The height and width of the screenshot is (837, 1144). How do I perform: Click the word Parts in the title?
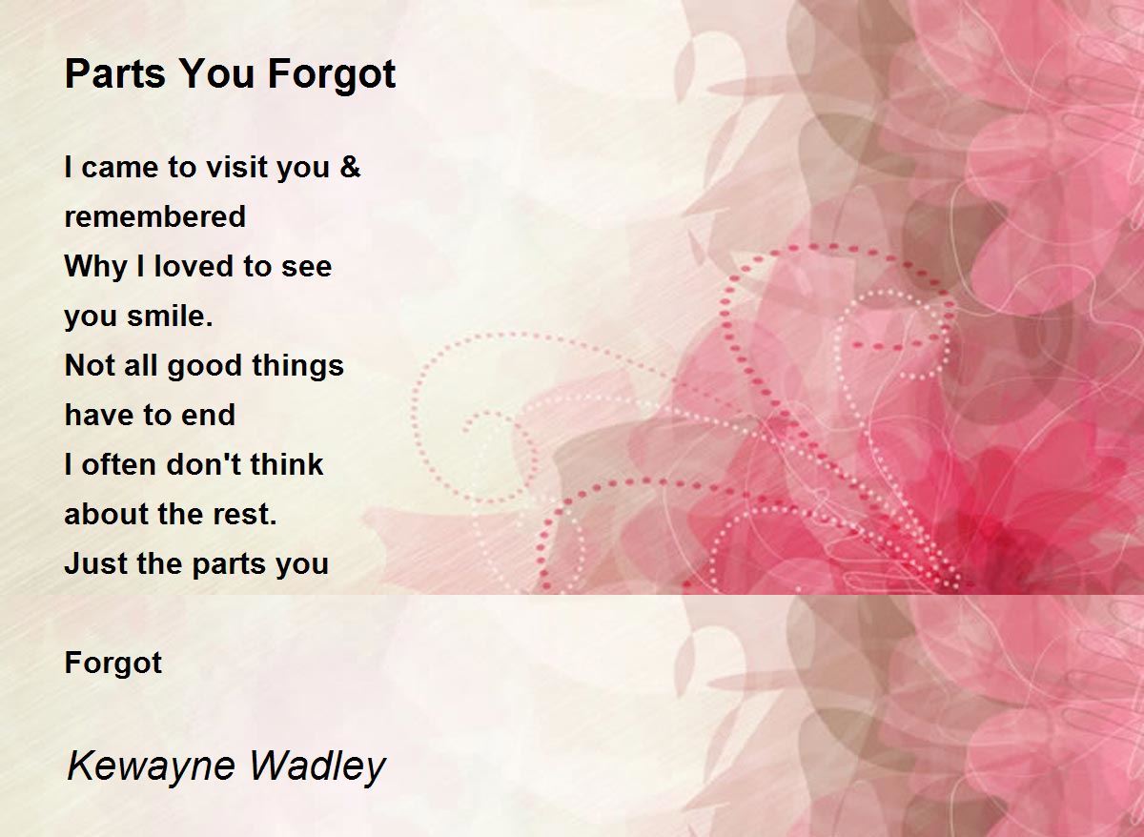115,73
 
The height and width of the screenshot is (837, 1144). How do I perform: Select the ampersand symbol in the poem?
350,167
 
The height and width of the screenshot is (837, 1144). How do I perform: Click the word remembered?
155,216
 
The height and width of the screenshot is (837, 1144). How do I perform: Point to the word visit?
236,167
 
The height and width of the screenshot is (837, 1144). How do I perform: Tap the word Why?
96,267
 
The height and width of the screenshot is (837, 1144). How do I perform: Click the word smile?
170,316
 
